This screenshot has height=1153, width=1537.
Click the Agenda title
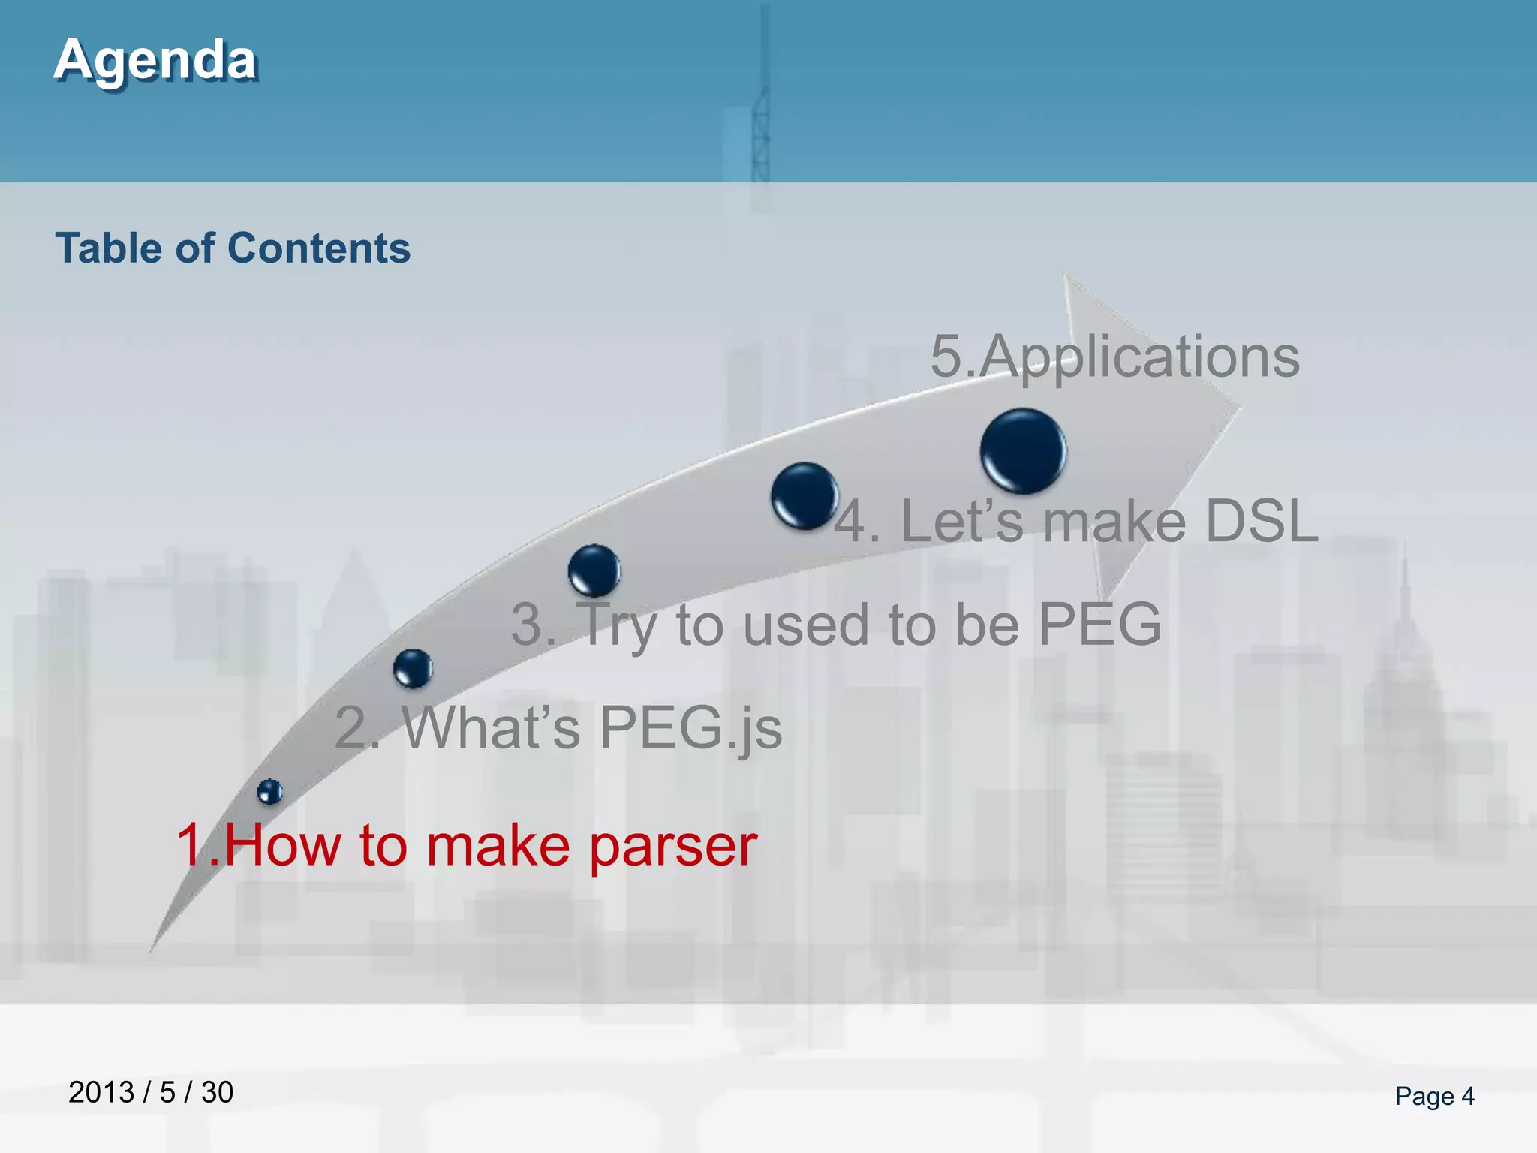coord(155,60)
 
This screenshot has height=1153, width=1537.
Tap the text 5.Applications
coord(1114,357)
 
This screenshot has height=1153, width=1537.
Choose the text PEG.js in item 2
coord(690,727)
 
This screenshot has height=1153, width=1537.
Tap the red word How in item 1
coord(282,844)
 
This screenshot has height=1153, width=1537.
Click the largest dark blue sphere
coord(1023,450)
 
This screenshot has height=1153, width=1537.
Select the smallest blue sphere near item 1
coord(269,791)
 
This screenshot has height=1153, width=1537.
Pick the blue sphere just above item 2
coord(413,667)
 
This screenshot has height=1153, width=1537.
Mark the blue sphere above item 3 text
coord(594,570)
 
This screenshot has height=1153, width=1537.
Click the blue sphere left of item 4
coord(805,495)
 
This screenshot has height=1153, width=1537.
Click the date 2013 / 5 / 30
coord(151,1092)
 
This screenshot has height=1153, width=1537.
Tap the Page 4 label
coord(1434,1096)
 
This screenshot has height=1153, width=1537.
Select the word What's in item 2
coord(492,727)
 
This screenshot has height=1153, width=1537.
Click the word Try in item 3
coord(616,625)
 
